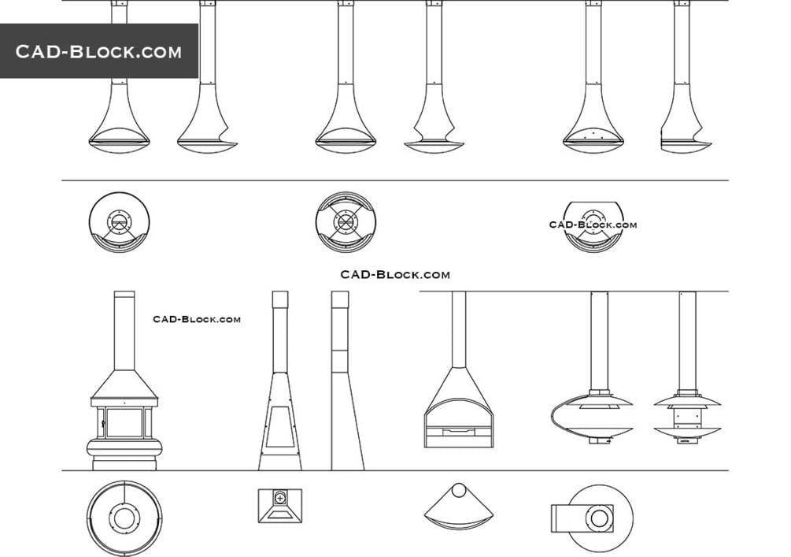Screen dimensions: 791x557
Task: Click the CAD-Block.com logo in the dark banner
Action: click(98, 51)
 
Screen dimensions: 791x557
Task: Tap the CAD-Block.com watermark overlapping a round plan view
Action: click(593, 225)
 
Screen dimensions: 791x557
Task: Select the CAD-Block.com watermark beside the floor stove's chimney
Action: click(197, 319)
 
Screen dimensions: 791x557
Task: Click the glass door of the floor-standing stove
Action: click(124, 422)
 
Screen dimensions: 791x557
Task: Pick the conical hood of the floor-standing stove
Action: click(124, 384)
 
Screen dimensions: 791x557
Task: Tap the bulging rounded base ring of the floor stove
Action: click(124, 448)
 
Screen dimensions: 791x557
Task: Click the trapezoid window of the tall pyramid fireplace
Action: click(280, 428)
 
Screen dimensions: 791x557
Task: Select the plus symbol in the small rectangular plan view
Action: click(280, 498)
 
